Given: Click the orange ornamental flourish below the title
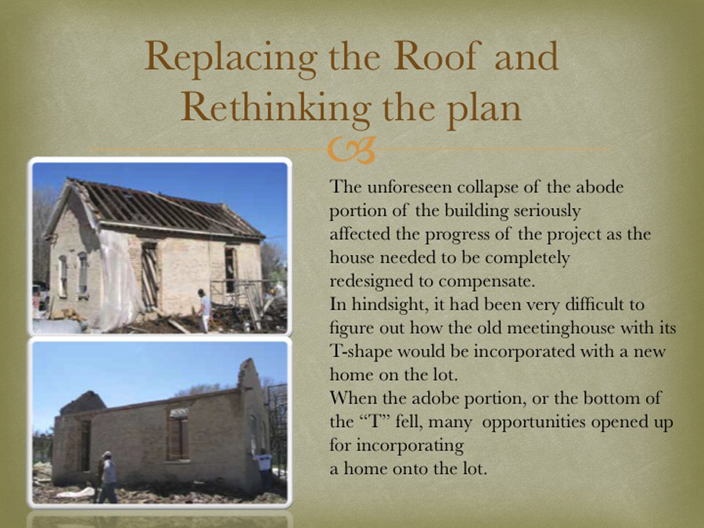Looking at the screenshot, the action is click(x=351, y=149).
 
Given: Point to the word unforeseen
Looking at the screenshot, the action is click(x=410, y=187).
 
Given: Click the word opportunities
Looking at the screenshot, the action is click(x=532, y=423).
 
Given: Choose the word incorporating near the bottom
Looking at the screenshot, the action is click(x=410, y=447).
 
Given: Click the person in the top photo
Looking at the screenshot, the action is click(x=204, y=309).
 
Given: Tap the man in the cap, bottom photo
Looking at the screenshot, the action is click(x=107, y=477).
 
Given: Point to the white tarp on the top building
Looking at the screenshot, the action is click(x=117, y=278).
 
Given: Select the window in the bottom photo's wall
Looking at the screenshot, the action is click(x=178, y=435).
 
